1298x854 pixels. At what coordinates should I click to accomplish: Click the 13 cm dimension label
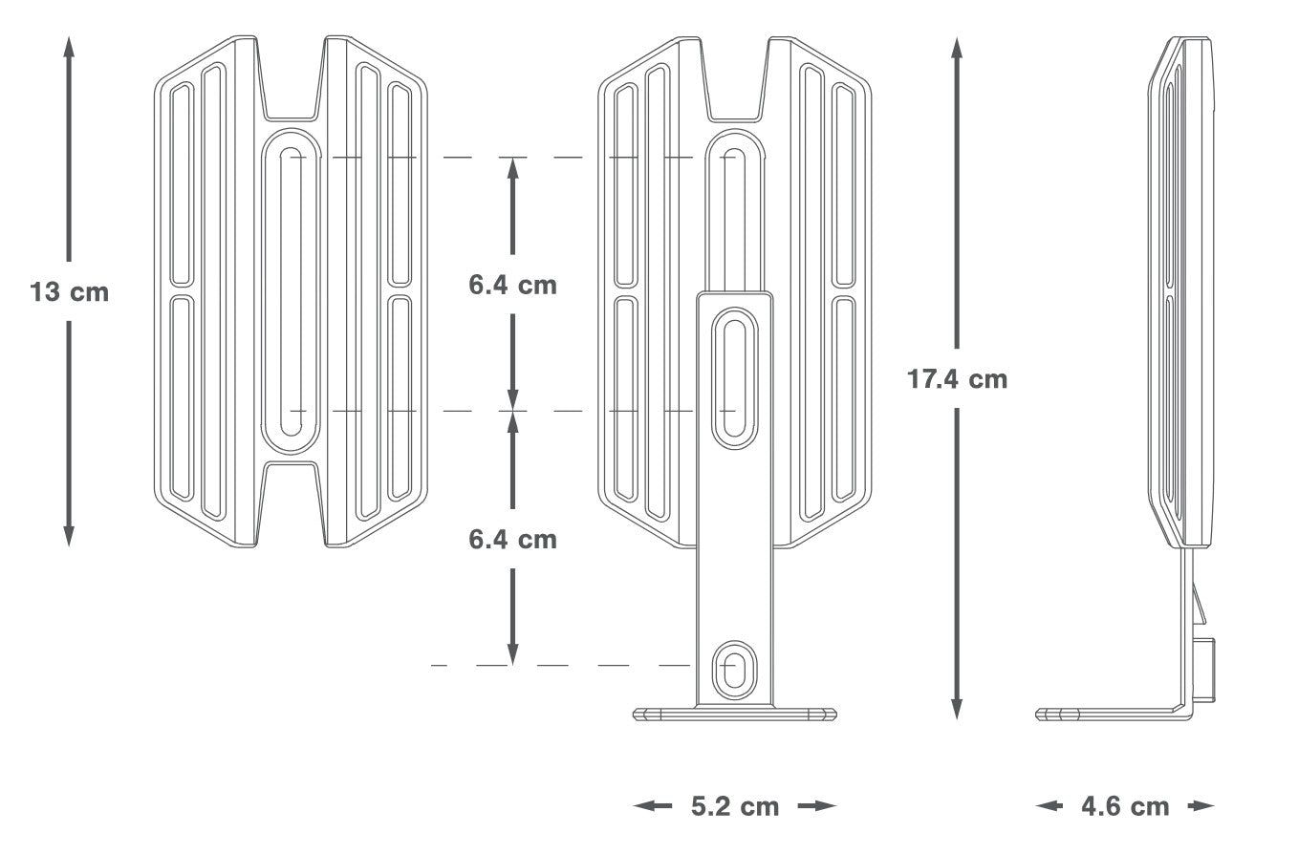pyautogui.click(x=69, y=292)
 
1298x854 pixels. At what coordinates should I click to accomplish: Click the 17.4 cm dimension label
pyautogui.click(x=957, y=379)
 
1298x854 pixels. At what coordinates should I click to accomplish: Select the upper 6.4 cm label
pyautogui.click(x=512, y=285)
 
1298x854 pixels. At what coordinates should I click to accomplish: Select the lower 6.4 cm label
pyautogui.click(x=512, y=539)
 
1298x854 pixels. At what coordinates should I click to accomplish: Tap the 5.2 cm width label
pyautogui.click(x=734, y=806)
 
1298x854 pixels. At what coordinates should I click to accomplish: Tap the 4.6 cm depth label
pyautogui.click(x=1124, y=806)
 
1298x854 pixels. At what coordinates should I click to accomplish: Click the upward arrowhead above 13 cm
pyautogui.click(x=69, y=46)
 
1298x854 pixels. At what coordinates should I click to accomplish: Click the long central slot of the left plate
pyautogui.click(x=291, y=290)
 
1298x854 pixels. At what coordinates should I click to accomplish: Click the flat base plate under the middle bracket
pyautogui.click(x=734, y=713)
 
